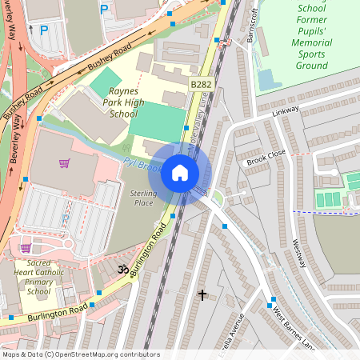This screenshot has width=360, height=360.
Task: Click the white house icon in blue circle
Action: (x=180, y=173)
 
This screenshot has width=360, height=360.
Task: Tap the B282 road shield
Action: (x=201, y=84)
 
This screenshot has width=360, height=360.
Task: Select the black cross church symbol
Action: (x=202, y=295)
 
